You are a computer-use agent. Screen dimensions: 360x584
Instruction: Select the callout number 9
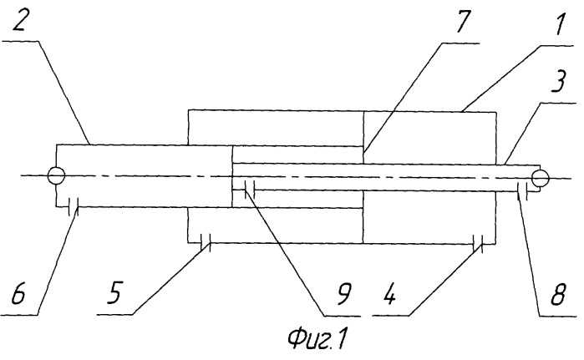pyautogui.click(x=343, y=294)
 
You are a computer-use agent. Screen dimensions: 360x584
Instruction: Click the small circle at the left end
pyautogui.click(x=56, y=176)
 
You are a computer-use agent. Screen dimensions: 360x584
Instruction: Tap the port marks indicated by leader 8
pyautogui.click(x=521, y=195)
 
